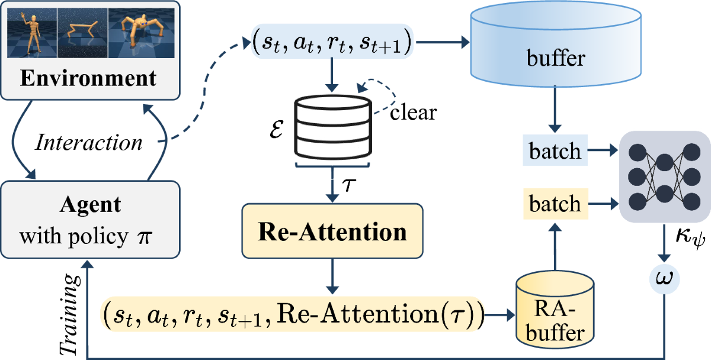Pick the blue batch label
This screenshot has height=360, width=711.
[555, 152]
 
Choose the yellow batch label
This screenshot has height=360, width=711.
[555, 204]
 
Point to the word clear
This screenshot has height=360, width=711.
[413, 112]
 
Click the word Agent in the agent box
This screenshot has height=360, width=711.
[91, 205]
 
